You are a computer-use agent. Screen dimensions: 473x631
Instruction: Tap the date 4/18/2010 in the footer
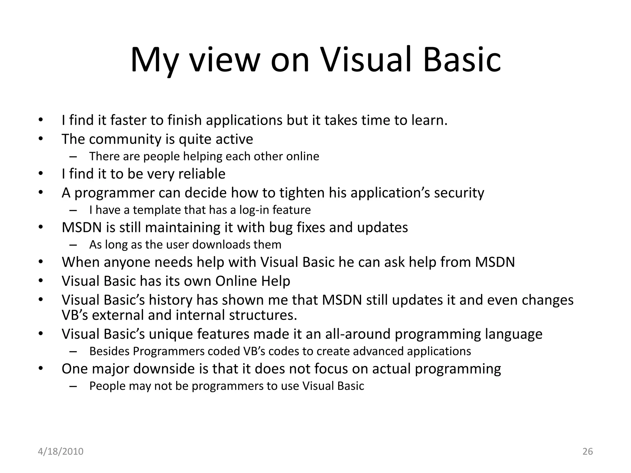[60, 451]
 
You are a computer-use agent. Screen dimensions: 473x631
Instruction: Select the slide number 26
[588, 451]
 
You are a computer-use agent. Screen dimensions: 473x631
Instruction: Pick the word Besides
[109, 351]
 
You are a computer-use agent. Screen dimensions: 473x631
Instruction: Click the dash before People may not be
[73, 386]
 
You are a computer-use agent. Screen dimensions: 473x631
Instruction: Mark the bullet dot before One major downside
[41, 369]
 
